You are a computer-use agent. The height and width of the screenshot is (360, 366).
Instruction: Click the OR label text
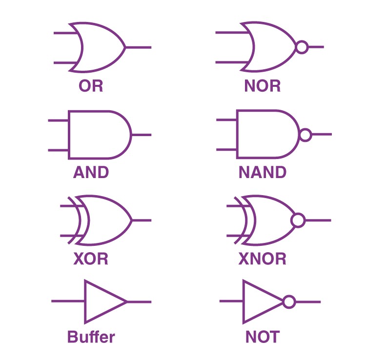click(91, 86)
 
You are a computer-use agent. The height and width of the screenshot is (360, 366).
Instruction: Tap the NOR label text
click(263, 86)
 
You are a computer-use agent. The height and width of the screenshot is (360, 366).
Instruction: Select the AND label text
click(91, 172)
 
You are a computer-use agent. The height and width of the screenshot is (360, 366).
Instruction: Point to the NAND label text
click(263, 172)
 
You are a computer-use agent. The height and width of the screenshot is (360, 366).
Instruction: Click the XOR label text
click(91, 258)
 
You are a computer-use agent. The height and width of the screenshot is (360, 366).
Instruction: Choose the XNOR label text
click(263, 258)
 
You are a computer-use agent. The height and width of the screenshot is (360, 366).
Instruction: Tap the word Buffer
click(91, 337)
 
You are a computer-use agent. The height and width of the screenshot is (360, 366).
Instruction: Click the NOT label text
click(263, 337)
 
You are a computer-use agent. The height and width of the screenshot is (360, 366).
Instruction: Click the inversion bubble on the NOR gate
click(303, 47)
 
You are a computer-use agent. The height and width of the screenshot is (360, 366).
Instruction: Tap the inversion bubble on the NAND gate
click(305, 134)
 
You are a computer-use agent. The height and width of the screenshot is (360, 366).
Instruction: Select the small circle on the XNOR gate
click(298, 220)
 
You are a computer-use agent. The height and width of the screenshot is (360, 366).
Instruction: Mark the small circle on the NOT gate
click(289, 301)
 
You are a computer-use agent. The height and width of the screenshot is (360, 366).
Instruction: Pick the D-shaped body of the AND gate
click(98, 134)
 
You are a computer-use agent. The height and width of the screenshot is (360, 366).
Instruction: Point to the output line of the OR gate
click(139, 47)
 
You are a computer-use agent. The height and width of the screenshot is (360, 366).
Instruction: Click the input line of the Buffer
click(68, 301)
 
